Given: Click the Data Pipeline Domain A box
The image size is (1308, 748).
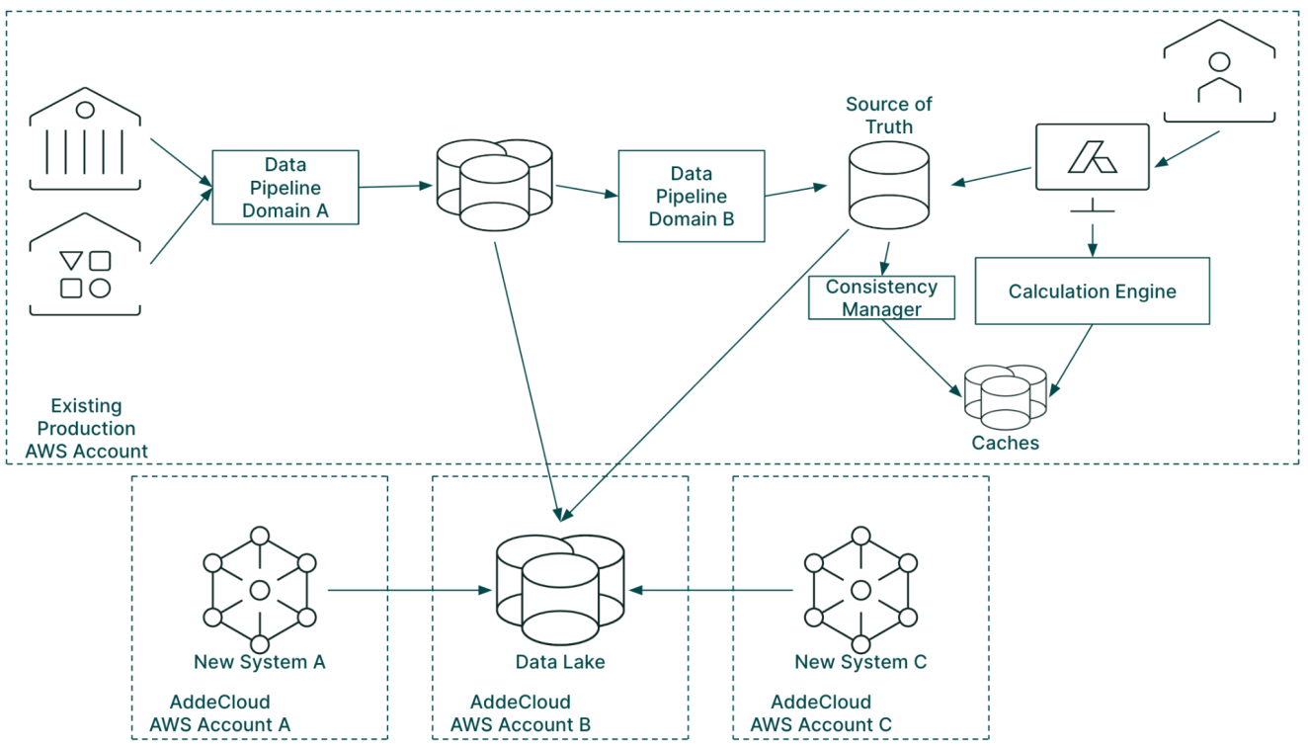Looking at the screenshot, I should pos(285,187).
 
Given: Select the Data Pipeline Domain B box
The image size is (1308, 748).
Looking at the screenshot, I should pos(691,196).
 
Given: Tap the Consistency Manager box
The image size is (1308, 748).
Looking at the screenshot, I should pos(881,297).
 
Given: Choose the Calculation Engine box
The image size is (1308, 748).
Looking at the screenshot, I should pos(1092,291).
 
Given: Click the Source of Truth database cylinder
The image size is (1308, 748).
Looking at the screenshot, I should pos(888,185).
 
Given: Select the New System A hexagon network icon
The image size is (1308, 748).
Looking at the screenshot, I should pos(259,590).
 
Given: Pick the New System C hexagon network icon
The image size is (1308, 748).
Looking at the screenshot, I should pos(860,590).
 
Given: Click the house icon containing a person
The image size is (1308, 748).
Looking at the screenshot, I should pos(1219,73).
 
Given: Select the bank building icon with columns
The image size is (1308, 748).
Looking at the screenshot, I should pos(85,139).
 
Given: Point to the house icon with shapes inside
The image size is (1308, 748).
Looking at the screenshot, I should pos(85,266).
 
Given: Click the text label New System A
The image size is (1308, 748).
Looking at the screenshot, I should pos(259,662).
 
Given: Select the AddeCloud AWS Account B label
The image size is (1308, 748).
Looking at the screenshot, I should pos(521,713).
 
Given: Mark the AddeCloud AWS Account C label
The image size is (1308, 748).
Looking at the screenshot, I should pos(821,713).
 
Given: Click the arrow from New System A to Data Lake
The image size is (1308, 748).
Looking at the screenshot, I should pos(410,591).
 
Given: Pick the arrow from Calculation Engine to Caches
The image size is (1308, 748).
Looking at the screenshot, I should pos(1071,360).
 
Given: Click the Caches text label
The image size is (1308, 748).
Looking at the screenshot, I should pos(1006,443).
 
